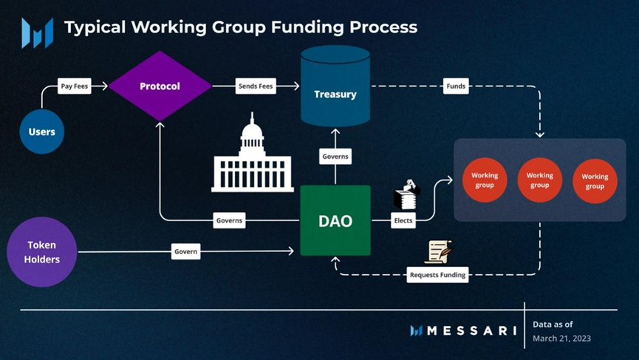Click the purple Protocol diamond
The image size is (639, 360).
tap(160, 86)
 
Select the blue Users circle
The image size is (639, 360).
tap(42, 132)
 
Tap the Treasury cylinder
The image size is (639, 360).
tap(335, 89)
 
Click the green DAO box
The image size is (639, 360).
tap(335, 220)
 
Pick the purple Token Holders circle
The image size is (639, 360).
tap(42, 251)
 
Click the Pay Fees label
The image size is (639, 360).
tap(75, 86)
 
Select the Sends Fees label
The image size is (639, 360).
tap(256, 86)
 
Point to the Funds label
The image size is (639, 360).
tap(456, 86)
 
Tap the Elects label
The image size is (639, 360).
tap(404, 220)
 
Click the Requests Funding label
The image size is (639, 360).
tap(437, 275)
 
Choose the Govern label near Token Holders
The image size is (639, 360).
tap(185, 251)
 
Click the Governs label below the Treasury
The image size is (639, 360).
tap(335, 157)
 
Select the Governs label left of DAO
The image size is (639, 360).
tap(229, 220)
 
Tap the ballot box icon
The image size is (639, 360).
tap(406, 194)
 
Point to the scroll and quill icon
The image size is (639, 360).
tap(437, 252)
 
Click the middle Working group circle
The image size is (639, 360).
tap(540, 180)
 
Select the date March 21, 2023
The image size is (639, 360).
tap(561, 339)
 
